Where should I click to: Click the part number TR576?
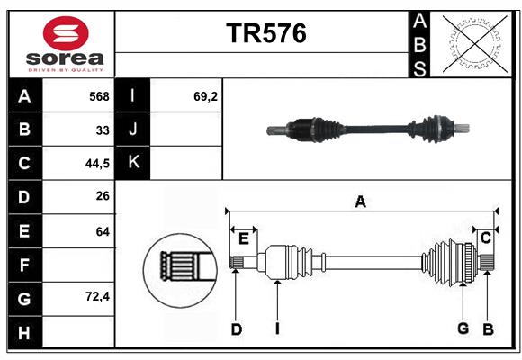[265, 33]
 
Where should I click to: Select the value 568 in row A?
[99, 96]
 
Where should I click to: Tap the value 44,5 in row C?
[95, 164]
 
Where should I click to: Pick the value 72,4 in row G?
[95, 296]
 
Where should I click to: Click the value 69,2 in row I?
[205, 96]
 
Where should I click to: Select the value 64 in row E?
[102, 231]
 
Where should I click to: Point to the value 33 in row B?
[103, 130]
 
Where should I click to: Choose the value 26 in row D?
[102, 196]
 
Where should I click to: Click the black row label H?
[24, 333]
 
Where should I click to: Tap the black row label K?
[134, 163]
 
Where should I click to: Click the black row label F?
[24, 265]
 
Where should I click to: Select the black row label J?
[134, 130]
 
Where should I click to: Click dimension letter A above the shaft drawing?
[360, 202]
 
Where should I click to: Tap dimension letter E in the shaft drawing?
[244, 238]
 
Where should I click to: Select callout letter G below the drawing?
[463, 328]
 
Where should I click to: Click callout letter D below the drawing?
[236, 329]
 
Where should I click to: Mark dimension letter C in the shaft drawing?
[485, 238]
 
